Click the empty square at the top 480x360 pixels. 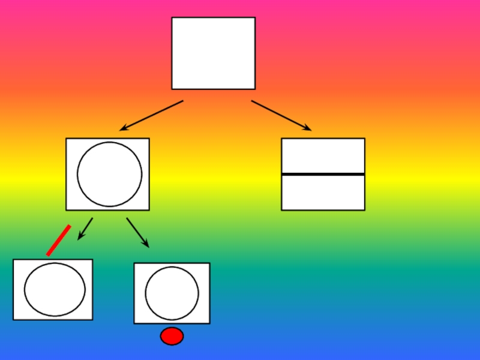[x=213, y=53]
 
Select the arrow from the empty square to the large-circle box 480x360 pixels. [x=151, y=115]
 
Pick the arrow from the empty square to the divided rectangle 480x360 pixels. [x=281, y=115]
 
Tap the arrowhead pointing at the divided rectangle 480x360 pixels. [x=308, y=128]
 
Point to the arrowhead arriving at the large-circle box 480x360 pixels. [x=123, y=128]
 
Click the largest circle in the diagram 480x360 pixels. [x=109, y=174]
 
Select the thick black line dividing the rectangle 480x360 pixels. [x=323, y=174]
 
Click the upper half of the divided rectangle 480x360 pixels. [x=323, y=156]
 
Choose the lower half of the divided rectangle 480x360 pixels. [x=323, y=193]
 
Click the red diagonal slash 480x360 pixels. [x=59, y=240]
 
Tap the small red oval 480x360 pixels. [x=172, y=336]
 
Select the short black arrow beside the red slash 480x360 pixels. [x=85, y=229]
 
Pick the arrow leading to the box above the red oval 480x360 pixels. [x=137, y=232]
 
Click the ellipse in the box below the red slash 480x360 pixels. [x=55, y=289]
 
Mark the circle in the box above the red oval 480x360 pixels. [x=172, y=293]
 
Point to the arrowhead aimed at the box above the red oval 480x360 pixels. [x=146, y=245]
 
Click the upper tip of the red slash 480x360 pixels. [x=70, y=226]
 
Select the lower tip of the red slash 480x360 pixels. [x=48, y=254]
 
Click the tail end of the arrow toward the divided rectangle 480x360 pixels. [x=253, y=101]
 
